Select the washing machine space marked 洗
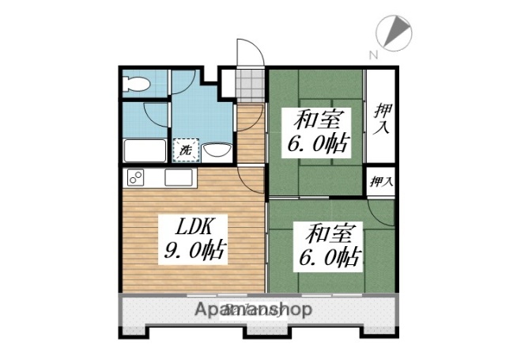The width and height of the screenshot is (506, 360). coord(185,149)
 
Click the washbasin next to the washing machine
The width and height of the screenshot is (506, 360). coord(216,150)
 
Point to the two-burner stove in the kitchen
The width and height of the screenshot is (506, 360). coord(135,178)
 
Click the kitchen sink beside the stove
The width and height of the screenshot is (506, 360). coord(180,179)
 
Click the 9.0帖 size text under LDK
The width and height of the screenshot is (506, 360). coord(194,252)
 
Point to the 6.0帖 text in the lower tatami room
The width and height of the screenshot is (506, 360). coord(327,258)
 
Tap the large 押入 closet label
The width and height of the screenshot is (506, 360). coord(382,119)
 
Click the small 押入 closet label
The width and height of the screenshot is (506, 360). coord(381,181)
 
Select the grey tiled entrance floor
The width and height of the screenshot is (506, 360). coord(249,82)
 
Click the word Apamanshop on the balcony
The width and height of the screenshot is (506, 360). coord(253,309)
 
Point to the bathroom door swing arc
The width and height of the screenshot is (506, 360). coord(158,111)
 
